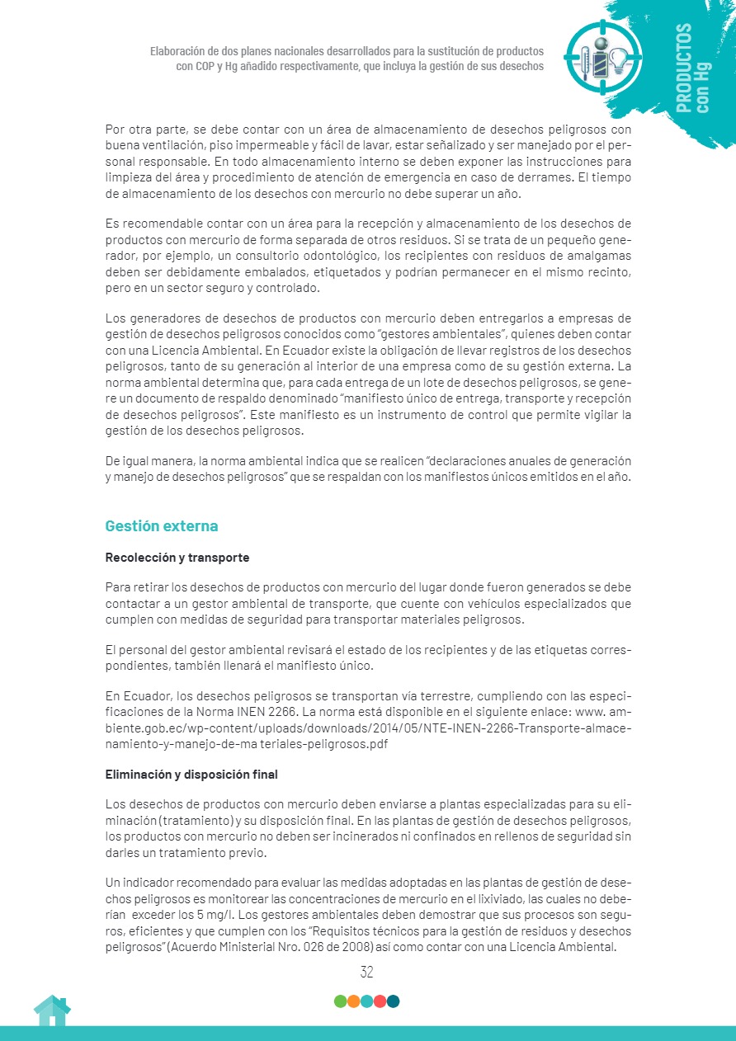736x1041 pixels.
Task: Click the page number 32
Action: pos(367,973)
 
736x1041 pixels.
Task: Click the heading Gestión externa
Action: pos(162,526)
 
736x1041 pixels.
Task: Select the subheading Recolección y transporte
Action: pos(177,558)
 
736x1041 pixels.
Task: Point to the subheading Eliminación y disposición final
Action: pos(191,775)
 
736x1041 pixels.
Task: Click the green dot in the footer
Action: pos(340,1001)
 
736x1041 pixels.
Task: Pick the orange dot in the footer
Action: pos(353,1001)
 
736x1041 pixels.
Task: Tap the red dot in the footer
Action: pos(380,1001)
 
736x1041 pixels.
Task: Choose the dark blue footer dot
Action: pos(393,1001)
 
